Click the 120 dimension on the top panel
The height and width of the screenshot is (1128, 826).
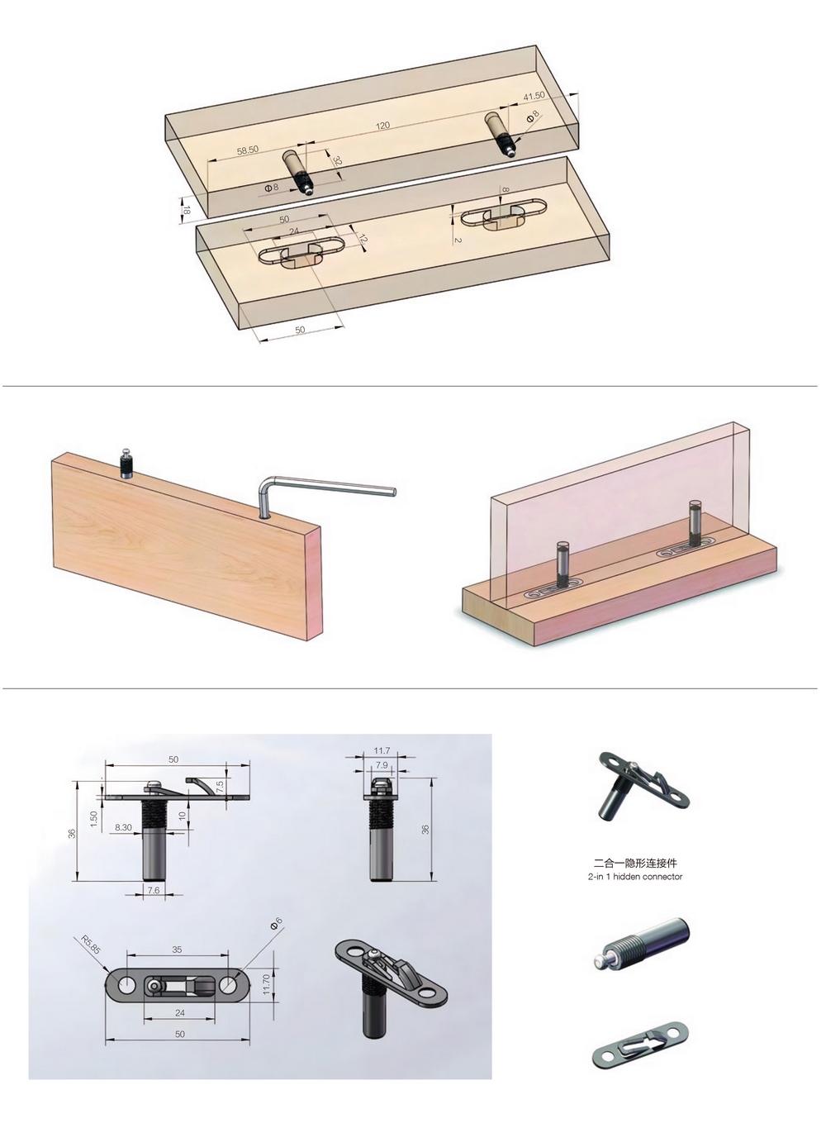(x=382, y=126)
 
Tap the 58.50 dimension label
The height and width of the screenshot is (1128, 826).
(x=248, y=150)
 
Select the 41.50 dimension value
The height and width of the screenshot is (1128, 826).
(x=534, y=96)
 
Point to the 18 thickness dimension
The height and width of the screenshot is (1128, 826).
(x=187, y=210)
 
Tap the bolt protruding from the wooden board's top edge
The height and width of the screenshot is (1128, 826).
(x=127, y=464)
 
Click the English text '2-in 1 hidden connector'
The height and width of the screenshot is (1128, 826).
(x=634, y=877)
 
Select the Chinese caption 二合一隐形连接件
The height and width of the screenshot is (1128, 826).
(x=634, y=863)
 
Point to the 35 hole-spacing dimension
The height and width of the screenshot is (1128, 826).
(x=177, y=950)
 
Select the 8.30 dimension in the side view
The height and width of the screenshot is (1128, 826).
(x=123, y=827)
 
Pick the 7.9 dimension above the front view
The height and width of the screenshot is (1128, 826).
(x=382, y=765)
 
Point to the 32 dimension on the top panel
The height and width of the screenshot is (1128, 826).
(x=337, y=162)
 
